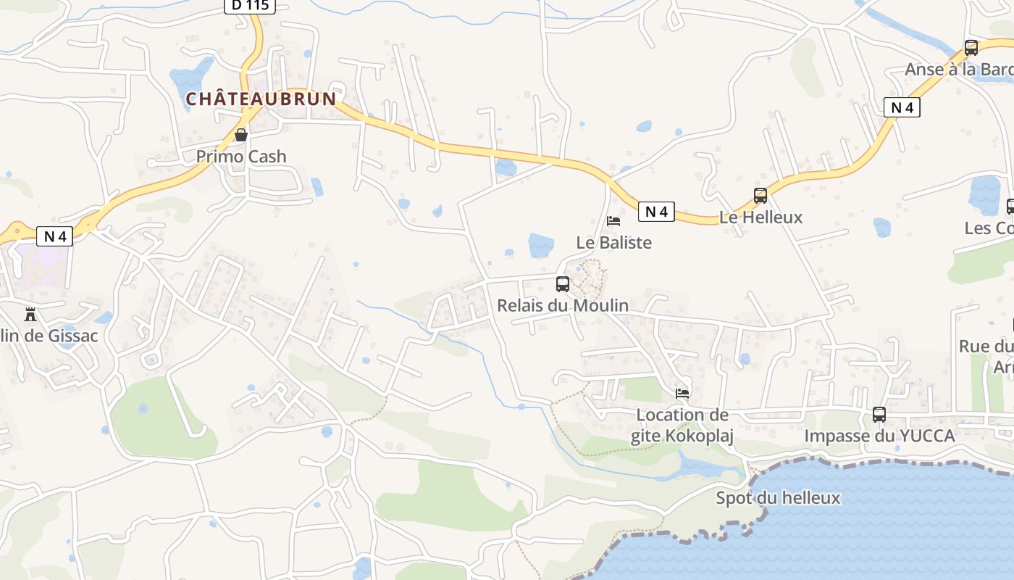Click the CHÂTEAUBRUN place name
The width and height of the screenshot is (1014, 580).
coord(261,99)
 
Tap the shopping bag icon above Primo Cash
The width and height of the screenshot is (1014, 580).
coord(241,135)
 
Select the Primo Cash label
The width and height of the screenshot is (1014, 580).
coord(241,157)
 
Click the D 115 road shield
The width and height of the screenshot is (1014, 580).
coord(250,5)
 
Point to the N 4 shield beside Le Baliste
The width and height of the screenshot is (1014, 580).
coord(656,212)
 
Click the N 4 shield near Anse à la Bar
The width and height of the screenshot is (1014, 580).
coord(902,108)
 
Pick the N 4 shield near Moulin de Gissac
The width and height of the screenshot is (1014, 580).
coord(55,236)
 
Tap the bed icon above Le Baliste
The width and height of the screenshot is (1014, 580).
coord(613,220)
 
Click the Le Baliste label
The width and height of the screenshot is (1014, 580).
coord(614,243)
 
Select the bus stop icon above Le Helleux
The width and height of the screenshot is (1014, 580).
coord(760,196)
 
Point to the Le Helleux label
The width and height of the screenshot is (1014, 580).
coord(760,217)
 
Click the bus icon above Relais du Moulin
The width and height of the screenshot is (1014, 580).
coord(563,284)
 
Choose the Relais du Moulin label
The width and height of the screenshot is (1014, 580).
coord(563,306)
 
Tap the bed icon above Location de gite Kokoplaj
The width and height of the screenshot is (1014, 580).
coord(682,394)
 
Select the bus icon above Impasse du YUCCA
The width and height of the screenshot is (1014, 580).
coord(879,415)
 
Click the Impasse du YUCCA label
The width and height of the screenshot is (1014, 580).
coord(879,436)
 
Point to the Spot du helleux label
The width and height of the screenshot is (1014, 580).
coord(778,498)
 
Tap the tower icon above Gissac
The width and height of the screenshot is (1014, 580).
coord(30,315)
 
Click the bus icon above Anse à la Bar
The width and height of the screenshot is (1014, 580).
coord(971,48)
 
